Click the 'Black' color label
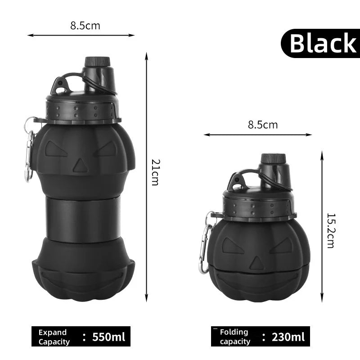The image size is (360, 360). coord(322,43)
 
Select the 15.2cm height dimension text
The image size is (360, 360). coord(331,231)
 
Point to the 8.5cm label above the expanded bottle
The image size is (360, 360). coord(85,26)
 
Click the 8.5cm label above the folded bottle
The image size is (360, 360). coord(263,125)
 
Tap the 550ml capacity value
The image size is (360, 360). coord(108,337)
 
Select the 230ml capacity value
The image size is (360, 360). coord(288,337)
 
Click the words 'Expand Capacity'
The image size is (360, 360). coord(54,337)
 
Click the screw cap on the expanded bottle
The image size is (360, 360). coord(98,62)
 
